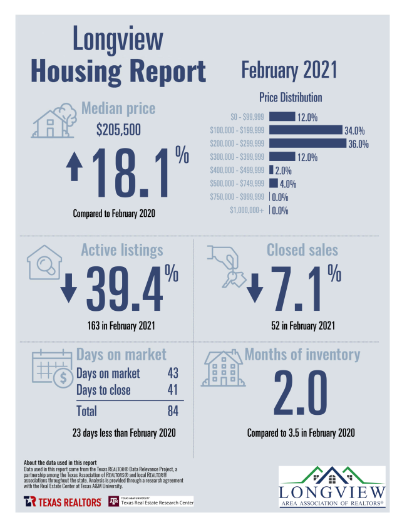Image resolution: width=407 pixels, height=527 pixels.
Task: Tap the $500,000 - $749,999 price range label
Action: click(237, 184)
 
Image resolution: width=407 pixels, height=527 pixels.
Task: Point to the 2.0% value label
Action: click(284, 170)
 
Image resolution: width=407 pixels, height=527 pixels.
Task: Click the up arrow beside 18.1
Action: click(75, 169)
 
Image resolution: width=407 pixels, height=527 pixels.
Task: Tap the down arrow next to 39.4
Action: click(69, 288)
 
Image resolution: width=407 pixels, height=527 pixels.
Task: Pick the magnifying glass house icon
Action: click(43, 263)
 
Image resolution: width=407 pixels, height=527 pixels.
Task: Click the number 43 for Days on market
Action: click(173, 373)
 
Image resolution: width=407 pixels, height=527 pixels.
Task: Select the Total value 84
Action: click(173, 411)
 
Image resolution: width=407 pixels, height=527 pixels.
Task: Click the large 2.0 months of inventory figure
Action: click(301, 394)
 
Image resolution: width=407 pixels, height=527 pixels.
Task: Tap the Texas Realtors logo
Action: click(63, 502)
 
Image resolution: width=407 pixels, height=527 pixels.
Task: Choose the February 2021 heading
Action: click(289, 70)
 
